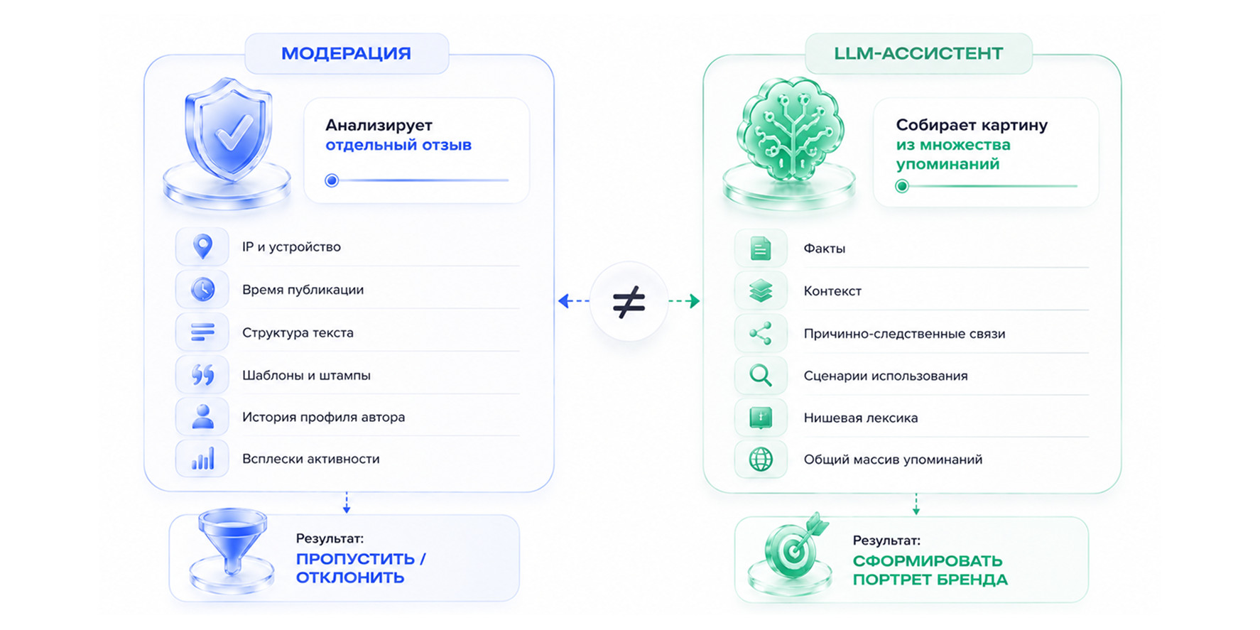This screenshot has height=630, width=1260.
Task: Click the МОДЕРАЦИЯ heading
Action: pos(346,53)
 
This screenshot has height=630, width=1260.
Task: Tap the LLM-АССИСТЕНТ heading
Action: pos(918,53)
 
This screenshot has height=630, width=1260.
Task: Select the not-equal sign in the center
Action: pos(629,302)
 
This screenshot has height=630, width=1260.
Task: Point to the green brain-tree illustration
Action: pos(791,128)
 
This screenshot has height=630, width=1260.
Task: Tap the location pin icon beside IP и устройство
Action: pos(203,246)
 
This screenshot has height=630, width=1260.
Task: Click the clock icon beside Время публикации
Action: pos(203,289)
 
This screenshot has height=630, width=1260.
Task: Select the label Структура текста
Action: pos(298,332)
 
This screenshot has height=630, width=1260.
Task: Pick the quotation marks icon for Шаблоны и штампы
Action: pos(203,374)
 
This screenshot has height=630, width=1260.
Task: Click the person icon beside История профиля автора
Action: pos(203,417)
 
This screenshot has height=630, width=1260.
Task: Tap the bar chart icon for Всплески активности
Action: pos(203,460)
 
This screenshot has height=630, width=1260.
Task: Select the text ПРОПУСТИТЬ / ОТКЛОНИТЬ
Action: pos(361,568)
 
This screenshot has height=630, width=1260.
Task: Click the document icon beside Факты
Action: pos(761,249)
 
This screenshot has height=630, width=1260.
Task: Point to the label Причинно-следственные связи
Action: pos(904,334)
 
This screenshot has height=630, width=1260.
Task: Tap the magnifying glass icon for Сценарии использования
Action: pos(761,375)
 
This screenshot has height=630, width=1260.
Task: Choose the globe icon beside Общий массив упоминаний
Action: pos(761,460)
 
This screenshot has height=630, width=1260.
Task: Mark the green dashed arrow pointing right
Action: pos(684,301)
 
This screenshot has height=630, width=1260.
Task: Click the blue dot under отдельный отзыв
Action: pos(332,180)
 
